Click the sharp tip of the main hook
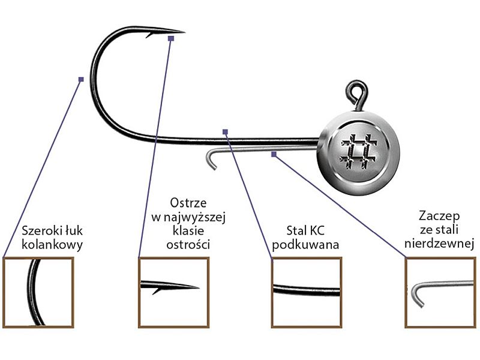[x=184, y=32]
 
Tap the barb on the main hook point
[x=149, y=35]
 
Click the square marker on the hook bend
[x=81, y=79]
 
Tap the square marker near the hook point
[x=171, y=38]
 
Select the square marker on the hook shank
[x=225, y=131]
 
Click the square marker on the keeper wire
[x=274, y=154]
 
